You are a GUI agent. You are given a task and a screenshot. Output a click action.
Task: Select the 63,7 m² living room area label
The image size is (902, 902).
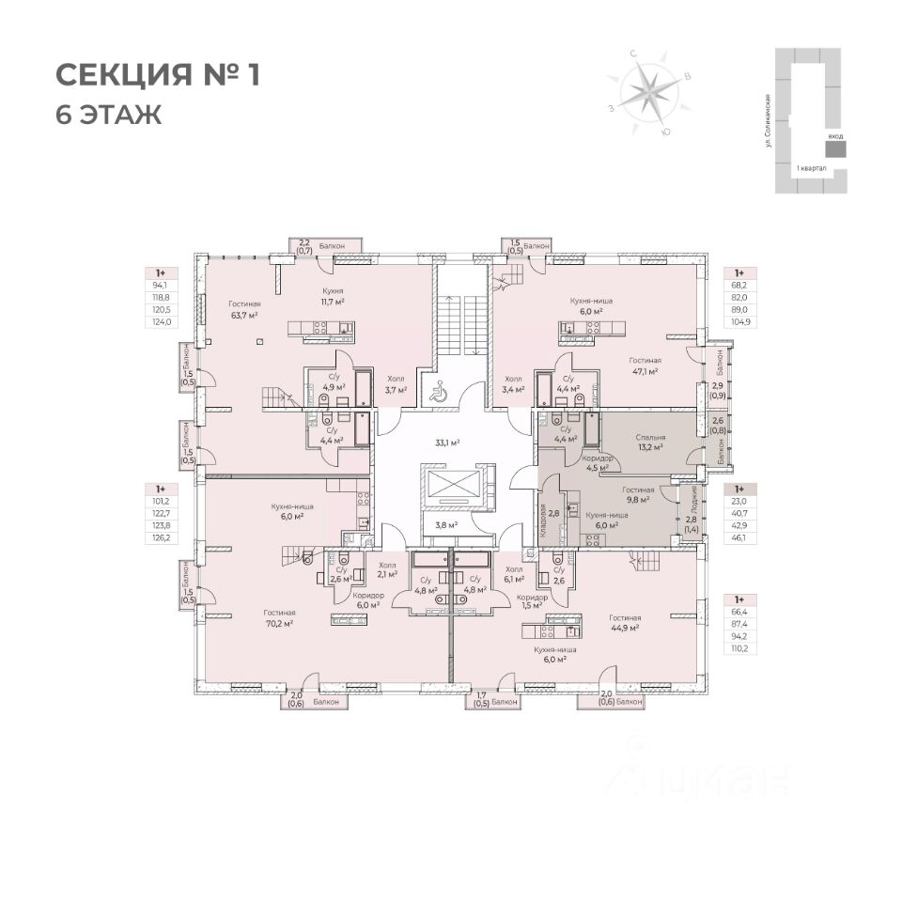coord(243,315)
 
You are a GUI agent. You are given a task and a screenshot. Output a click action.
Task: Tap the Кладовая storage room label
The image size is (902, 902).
coord(544,514)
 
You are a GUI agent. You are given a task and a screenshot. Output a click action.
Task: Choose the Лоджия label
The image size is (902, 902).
coord(693,497)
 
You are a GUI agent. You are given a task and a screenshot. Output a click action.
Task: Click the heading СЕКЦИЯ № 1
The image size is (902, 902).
coord(157,75)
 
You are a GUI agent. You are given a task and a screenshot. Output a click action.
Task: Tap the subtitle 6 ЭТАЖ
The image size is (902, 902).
coord(109,115)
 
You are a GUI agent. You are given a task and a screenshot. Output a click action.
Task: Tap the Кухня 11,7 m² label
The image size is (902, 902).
coord(330,297)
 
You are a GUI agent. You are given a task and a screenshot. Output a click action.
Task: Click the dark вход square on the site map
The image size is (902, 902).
coord(834,149)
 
